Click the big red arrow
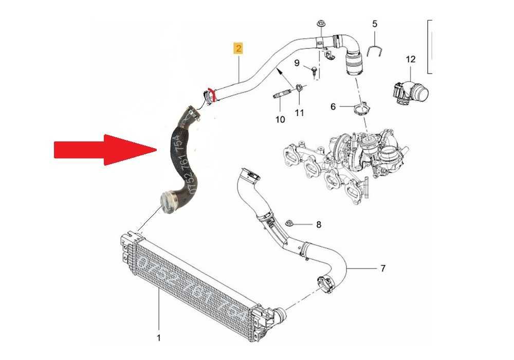pos(103,150)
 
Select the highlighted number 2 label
pos(238,48)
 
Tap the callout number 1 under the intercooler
pos(159,338)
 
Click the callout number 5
pos(374,24)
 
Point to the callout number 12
pos(410,60)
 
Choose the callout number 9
pos(297,63)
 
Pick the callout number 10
pos(280,120)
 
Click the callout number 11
pos(300,112)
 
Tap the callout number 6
pos(333,106)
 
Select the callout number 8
pos(318,225)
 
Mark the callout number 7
pos(382,268)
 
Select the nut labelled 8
pos(291,224)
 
